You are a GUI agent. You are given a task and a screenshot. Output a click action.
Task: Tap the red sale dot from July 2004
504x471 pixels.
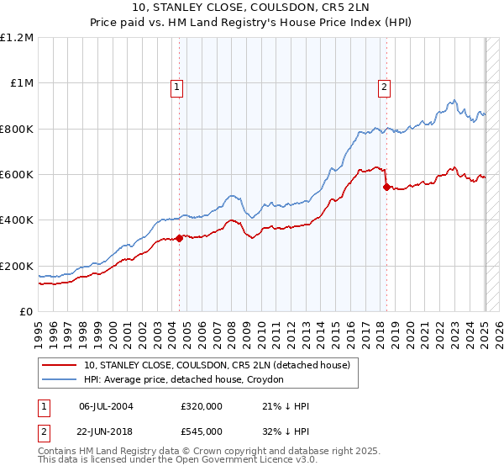coord(180,238)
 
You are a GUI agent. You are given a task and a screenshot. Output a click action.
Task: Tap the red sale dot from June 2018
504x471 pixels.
coord(386,187)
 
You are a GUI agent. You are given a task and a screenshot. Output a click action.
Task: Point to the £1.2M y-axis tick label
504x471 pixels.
coord(17,38)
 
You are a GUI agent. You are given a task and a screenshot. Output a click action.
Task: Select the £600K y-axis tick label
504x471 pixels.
coord(17,175)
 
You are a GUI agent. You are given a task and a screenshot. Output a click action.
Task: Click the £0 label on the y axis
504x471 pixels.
coord(27,312)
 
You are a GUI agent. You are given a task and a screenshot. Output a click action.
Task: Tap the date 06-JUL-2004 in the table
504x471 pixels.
coord(106,406)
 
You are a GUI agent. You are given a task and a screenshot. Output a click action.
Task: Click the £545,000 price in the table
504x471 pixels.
coord(202,431)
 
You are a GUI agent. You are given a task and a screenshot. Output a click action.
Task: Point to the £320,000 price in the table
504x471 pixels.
coord(202,406)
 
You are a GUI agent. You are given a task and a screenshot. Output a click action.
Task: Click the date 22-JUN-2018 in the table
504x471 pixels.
coord(106,431)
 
